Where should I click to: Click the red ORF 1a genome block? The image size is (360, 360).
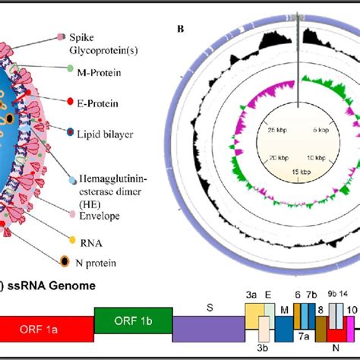46,331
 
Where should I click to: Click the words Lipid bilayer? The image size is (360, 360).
113,134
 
